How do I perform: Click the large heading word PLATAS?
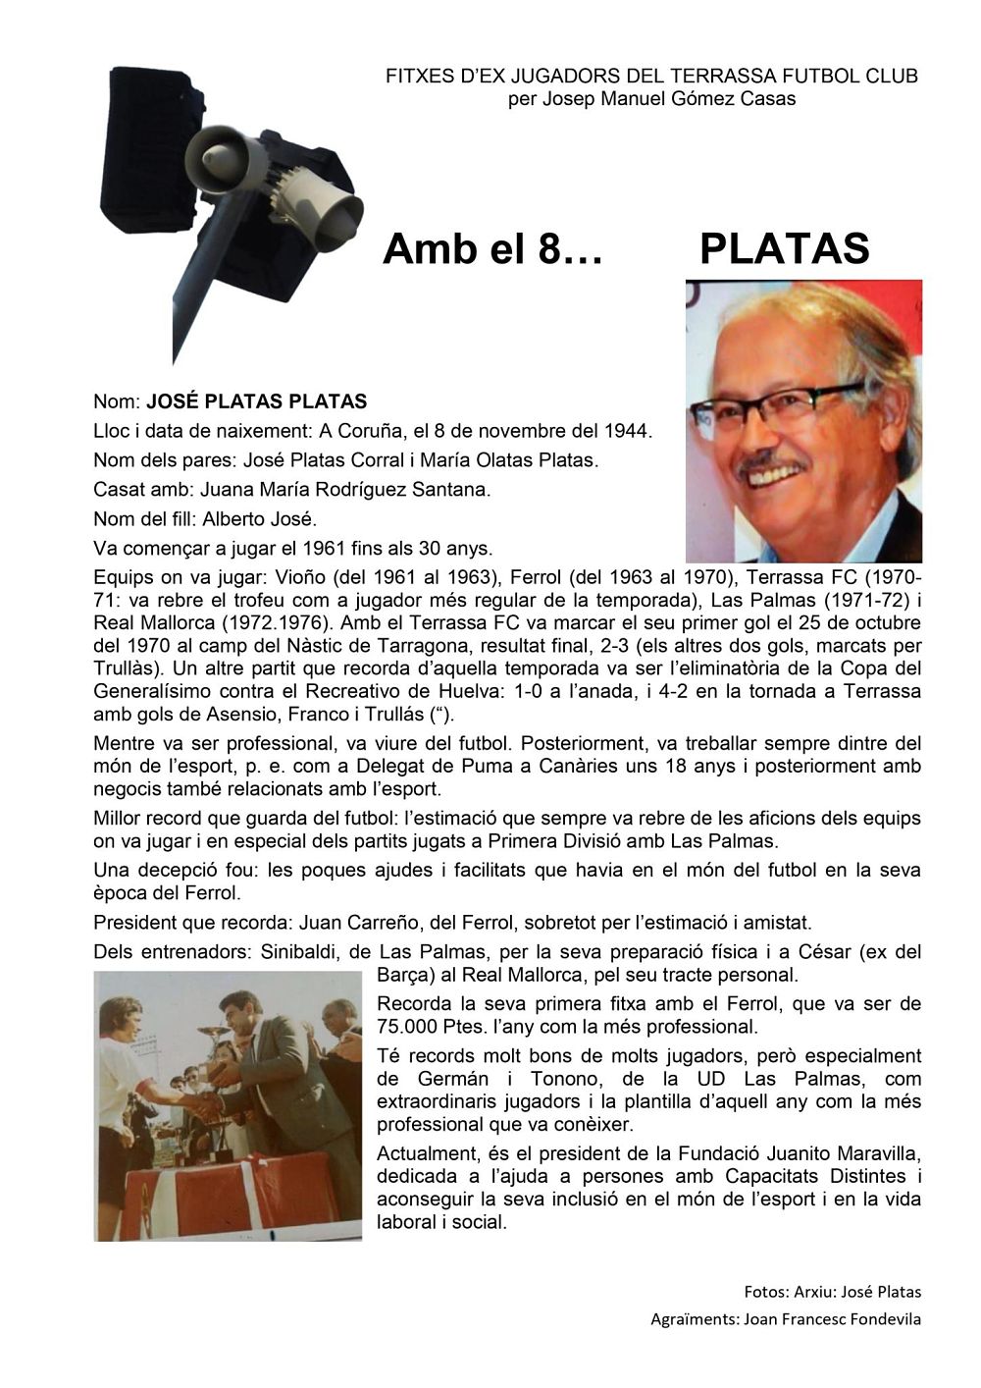coord(784,249)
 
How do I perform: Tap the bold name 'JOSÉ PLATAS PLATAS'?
coord(257,401)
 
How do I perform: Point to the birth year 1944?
coord(628,431)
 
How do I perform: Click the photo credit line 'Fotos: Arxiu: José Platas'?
coord(832,1292)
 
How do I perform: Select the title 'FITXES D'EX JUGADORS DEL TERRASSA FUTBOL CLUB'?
coord(651,77)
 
